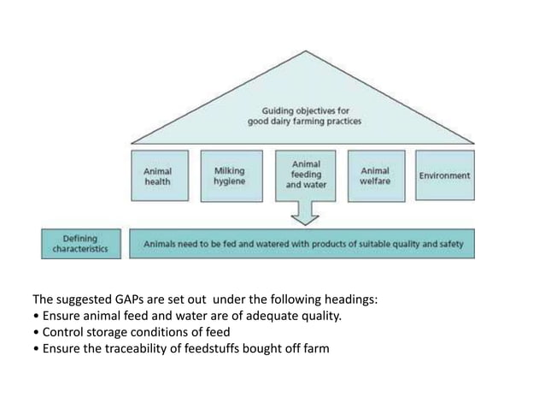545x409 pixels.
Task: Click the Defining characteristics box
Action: click(x=79, y=243)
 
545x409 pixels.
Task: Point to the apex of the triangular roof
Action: click(x=304, y=50)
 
